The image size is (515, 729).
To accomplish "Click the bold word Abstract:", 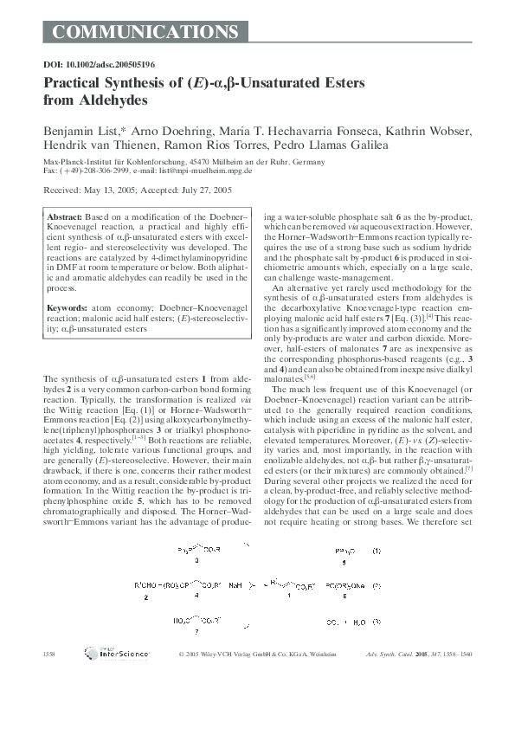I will coord(64,216).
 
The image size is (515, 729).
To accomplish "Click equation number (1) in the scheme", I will coord(376,550).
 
